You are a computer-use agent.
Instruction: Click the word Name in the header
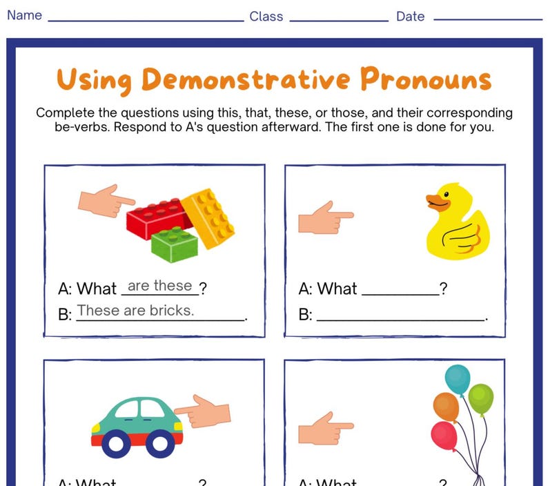pos(24,15)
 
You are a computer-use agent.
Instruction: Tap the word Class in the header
pos(266,17)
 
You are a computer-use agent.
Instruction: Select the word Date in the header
pos(410,17)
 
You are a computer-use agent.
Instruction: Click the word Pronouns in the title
pos(425,80)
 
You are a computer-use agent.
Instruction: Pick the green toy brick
pos(174,244)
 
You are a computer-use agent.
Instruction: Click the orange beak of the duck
pos(434,202)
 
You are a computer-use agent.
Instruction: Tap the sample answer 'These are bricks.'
pos(135,311)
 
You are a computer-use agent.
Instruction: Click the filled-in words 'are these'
pos(159,286)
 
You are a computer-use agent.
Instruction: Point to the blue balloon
pos(457,379)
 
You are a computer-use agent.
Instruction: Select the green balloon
pos(481,398)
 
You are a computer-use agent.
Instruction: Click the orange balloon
pos(447,407)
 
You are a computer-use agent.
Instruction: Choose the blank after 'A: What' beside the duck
pos(400,290)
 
